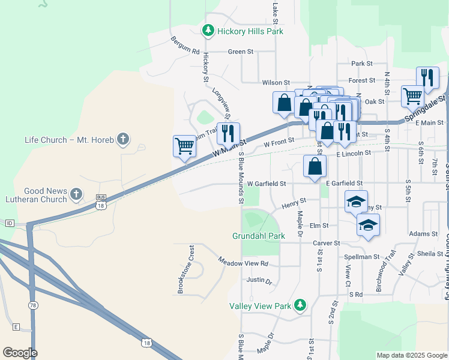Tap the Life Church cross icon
[122, 140]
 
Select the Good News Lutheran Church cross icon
[76, 194]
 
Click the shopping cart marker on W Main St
[185, 146]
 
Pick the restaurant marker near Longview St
[228, 133]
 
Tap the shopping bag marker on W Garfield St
[315, 166]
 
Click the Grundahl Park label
[259, 236]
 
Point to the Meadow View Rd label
[243, 263]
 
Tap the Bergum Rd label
[184, 46]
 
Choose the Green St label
[240, 52]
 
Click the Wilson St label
[276, 82]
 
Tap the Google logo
[20, 353]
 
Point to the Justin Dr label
[259, 280]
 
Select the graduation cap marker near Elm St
[368, 226]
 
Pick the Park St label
[362, 63]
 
